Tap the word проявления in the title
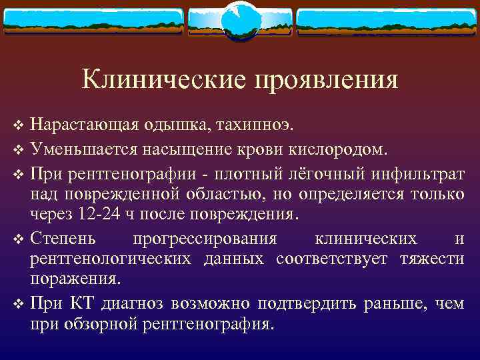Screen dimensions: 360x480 [x=325, y=81]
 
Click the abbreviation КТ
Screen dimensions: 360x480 [x=81, y=304]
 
